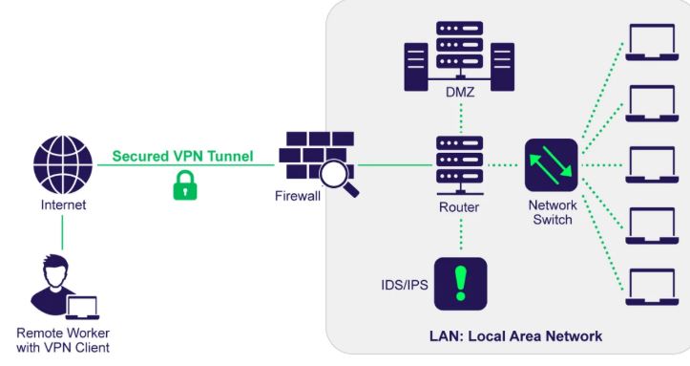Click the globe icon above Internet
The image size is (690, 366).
pos(63,164)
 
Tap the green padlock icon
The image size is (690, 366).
pos(185,185)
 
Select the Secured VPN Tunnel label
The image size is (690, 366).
pos(182,156)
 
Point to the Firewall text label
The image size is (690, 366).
pos(298,196)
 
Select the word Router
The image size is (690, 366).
pos(459,207)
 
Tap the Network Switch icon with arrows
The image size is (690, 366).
pos(551,165)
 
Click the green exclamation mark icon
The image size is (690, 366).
pos(461,284)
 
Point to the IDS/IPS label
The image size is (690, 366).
pos(405,285)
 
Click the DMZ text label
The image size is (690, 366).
pos(460,92)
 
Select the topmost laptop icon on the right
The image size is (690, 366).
pos(652,42)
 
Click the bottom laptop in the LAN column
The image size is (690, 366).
pos(652,287)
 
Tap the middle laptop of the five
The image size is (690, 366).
pos(652,164)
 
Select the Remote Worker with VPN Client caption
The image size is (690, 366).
pos(63,340)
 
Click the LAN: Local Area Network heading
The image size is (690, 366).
pos(515,336)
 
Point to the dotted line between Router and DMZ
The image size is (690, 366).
pos(461,118)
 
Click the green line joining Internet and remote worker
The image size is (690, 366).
pos(62,232)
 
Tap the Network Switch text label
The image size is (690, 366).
pos(553,212)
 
